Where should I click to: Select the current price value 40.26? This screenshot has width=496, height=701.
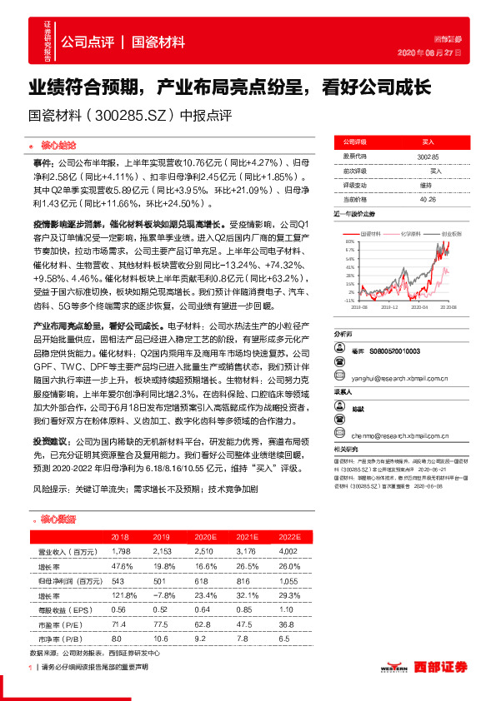(428, 199)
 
